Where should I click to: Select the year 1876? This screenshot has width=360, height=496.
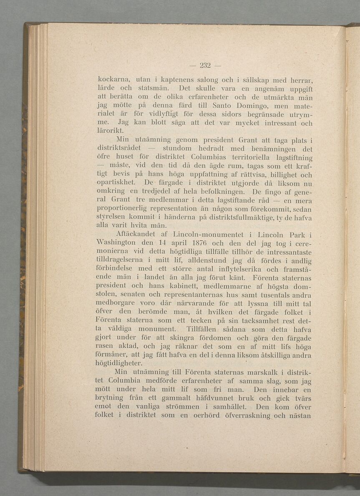click(204, 243)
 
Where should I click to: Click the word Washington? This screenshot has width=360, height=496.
click(118, 243)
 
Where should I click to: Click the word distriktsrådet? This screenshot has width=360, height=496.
click(121, 149)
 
